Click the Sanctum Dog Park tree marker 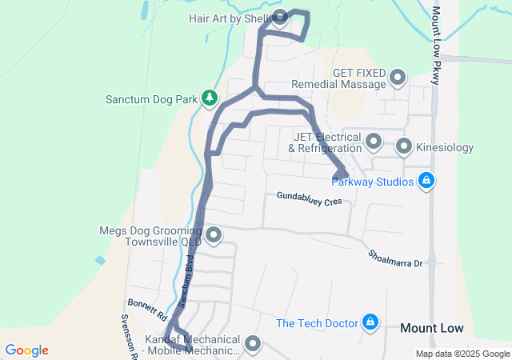210,98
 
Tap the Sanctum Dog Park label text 151,100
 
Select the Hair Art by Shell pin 280,18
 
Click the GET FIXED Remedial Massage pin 398,78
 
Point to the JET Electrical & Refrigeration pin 374,142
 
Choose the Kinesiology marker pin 404,146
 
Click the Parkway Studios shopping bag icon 428,181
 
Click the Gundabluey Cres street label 309,198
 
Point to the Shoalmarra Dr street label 394,257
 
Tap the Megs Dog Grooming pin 214,235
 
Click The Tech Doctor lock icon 370,322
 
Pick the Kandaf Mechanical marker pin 254,344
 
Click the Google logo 27,350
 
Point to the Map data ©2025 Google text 462,354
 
